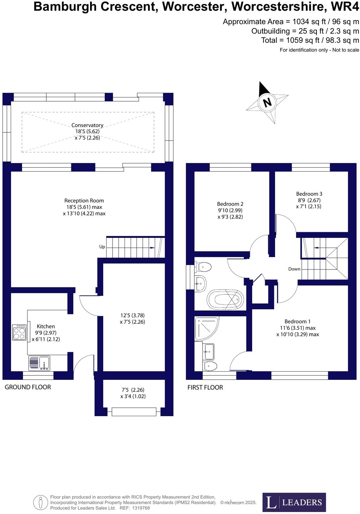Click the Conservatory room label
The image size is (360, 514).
point(87,125)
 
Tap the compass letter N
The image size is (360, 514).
point(267,102)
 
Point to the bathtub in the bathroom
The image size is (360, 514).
point(225,299)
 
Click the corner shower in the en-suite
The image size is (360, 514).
point(206,328)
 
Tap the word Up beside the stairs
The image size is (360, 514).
point(102,247)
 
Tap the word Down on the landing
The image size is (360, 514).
point(294,269)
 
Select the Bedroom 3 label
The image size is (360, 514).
point(309,194)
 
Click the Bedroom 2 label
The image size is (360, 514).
point(230,204)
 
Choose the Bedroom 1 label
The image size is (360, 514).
point(298,322)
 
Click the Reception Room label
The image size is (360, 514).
point(84,201)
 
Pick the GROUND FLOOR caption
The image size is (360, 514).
point(28,387)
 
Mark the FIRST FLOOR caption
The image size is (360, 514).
point(205,388)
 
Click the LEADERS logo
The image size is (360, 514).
point(294,502)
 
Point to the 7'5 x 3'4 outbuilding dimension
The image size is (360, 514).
point(133,393)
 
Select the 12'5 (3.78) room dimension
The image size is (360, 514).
point(132,316)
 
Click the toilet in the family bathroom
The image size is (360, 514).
point(204,267)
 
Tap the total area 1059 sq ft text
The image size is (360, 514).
point(310,40)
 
